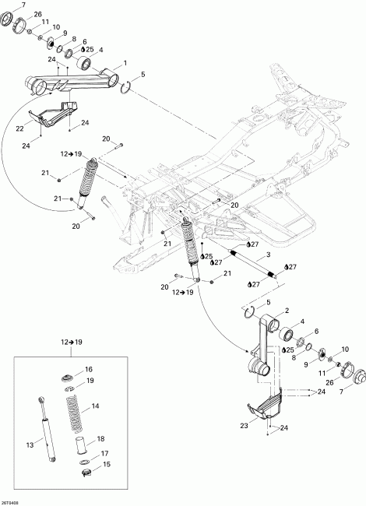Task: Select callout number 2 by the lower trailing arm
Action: tap(265, 311)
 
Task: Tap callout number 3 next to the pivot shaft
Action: tap(268, 255)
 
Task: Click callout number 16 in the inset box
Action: tap(88, 369)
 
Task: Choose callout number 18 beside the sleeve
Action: tap(99, 439)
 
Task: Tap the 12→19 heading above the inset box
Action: tap(70, 341)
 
